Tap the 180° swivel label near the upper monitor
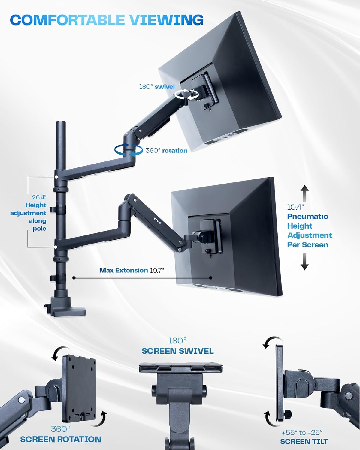coord(157,87)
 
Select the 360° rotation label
coord(166,151)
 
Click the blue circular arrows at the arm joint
coord(129,150)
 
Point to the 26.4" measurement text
coord(39,197)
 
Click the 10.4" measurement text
coord(295,207)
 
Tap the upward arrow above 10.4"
coord(305,193)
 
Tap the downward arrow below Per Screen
coord(305,262)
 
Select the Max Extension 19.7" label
coord(132,270)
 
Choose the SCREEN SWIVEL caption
coord(177,351)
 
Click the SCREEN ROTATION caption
coord(61,439)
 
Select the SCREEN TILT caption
coord(304,441)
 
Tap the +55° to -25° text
coord(302,432)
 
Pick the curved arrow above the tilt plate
coord(273,342)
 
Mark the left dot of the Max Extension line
coord(74,278)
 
